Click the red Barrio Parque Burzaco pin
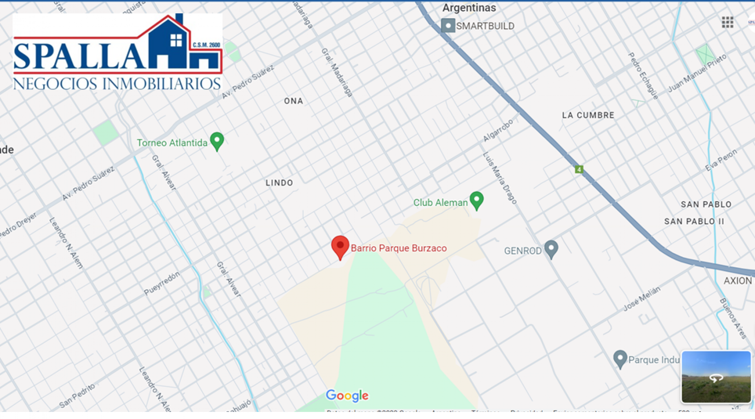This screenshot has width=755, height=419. tap(340, 247)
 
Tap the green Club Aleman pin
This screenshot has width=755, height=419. tap(477, 200)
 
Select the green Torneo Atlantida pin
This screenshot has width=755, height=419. tap(217, 141)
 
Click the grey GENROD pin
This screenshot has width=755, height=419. tap(551, 249)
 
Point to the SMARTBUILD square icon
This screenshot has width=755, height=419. tap(448, 26)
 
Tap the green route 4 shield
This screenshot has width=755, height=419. tap(579, 169)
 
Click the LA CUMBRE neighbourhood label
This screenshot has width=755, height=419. tap(588, 115)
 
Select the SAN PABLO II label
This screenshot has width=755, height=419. tap(694, 221)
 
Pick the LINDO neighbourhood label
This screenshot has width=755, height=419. tap(279, 183)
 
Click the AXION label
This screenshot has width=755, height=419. tap(738, 281)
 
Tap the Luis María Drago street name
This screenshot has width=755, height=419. tap(500, 178)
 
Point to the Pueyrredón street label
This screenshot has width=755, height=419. tap(162, 283)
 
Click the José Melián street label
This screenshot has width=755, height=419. tap(642, 299)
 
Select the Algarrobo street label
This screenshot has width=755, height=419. tap(498, 130)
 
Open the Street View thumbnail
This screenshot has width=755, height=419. tap(716, 377)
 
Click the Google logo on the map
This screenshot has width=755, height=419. tap(347, 396)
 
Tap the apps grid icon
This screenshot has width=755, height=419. tap(727, 22)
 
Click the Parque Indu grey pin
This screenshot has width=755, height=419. tap(620, 359)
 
